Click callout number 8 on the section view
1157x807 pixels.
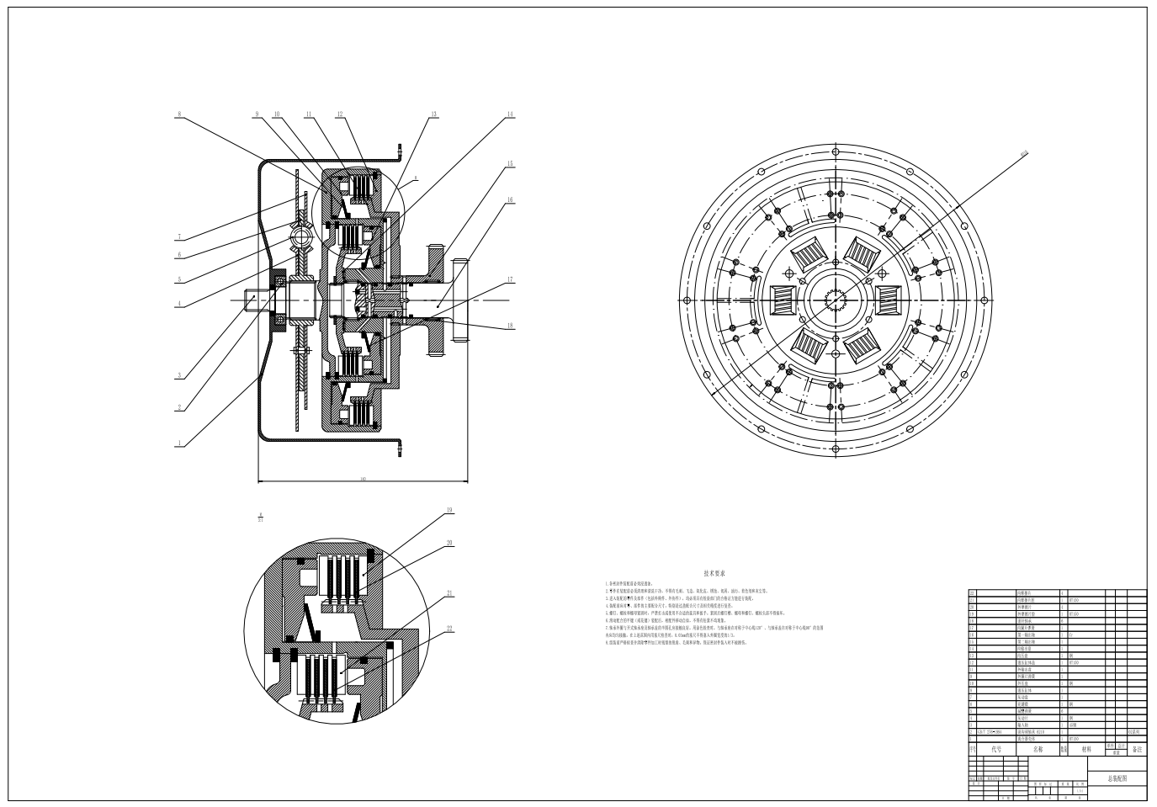click(179, 114)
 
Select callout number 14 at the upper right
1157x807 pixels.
click(510, 114)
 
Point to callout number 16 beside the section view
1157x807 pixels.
click(510, 200)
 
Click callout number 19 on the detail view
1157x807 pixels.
click(449, 510)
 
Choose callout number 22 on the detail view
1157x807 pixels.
click(449, 629)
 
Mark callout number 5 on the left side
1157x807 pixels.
click(179, 279)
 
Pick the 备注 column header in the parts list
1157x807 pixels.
click(1136, 748)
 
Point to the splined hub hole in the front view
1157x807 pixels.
click(838, 300)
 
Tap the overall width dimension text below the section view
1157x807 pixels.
click(363, 479)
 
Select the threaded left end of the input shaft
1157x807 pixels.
click(254, 300)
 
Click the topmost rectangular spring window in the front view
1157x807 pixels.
click(863, 252)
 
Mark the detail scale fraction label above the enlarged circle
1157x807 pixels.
click(261, 516)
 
